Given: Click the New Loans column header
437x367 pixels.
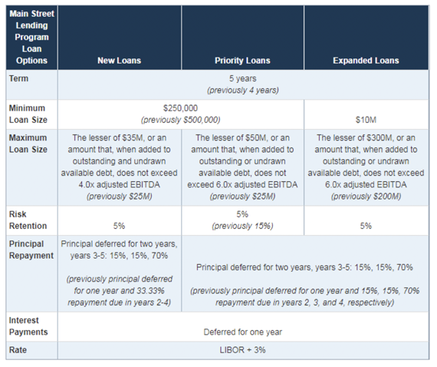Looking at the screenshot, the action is (120, 61).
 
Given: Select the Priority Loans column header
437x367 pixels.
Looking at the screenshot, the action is (242, 61).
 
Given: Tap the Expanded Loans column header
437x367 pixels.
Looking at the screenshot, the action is (366, 61).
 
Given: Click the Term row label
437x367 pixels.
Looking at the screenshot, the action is (18, 78).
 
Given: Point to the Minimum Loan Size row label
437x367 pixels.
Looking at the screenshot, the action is (28, 114).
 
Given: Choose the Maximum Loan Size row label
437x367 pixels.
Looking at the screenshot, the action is (28, 144).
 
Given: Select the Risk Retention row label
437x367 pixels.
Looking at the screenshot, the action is (28, 220).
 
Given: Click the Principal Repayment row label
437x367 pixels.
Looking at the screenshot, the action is (31, 250).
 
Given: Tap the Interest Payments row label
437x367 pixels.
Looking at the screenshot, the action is (28, 326).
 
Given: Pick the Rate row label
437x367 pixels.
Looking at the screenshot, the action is (18, 350).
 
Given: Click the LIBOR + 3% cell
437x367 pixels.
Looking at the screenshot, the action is (242, 350).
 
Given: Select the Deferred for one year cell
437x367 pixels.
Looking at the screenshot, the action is (243, 332).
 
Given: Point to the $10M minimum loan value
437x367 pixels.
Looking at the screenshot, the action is (366, 120).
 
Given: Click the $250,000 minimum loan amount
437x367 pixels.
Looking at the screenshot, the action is (181, 108).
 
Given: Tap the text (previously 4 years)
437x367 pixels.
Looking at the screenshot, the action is (243, 91).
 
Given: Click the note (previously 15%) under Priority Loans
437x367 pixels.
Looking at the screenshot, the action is (242, 226).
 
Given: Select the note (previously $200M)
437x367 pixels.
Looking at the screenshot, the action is (366, 197).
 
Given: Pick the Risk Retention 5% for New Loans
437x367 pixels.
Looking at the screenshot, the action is (120, 226).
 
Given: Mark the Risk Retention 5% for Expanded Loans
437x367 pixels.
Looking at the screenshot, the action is (366, 226).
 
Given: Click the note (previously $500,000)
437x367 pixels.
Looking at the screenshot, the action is (181, 120).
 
